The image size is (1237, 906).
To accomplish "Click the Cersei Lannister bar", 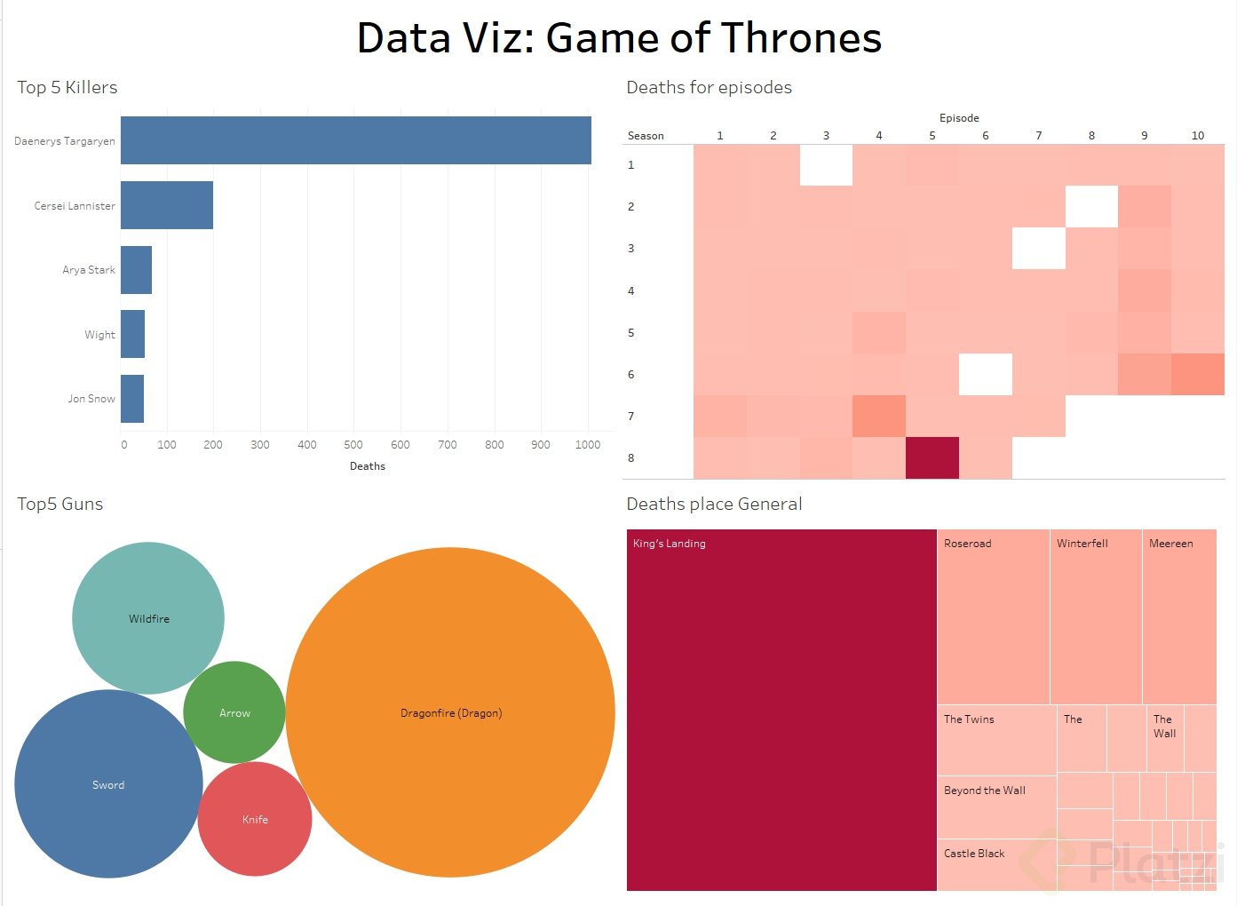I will pyautogui.click(x=167, y=205).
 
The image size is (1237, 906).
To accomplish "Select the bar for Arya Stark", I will pyautogui.click(x=136, y=270).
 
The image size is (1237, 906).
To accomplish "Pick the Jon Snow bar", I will pyautogui.click(x=132, y=399).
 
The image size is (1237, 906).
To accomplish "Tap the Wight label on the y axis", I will pyautogui.click(x=99, y=335).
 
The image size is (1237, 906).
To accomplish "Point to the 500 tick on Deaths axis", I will pyautogui.click(x=353, y=445).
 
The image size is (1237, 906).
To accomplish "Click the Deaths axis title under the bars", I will pyautogui.click(x=368, y=466).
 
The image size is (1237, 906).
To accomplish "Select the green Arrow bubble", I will pyautogui.click(x=234, y=712).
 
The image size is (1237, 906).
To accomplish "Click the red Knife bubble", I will pyautogui.click(x=255, y=819).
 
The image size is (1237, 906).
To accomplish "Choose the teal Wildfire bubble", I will pyautogui.click(x=148, y=618).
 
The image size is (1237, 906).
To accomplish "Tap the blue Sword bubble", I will pyautogui.click(x=108, y=784).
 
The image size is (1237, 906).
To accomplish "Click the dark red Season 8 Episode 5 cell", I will pyautogui.click(x=932, y=458).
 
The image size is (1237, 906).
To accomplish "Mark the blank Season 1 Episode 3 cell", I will pyautogui.click(x=826, y=165).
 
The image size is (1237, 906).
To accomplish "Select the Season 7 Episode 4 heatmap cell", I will pyautogui.click(x=878, y=417).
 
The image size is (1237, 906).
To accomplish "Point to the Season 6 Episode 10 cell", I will pyautogui.click(x=1197, y=375).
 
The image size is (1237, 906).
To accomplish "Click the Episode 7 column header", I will pyautogui.click(x=1038, y=136).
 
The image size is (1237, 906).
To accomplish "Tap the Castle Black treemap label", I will pyautogui.click(x=974, y=854).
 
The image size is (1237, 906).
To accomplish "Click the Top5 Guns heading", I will pyautogui.click(x=60, y=504).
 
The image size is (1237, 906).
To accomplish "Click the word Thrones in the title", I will pyautogui.click(x=801, y=38).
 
